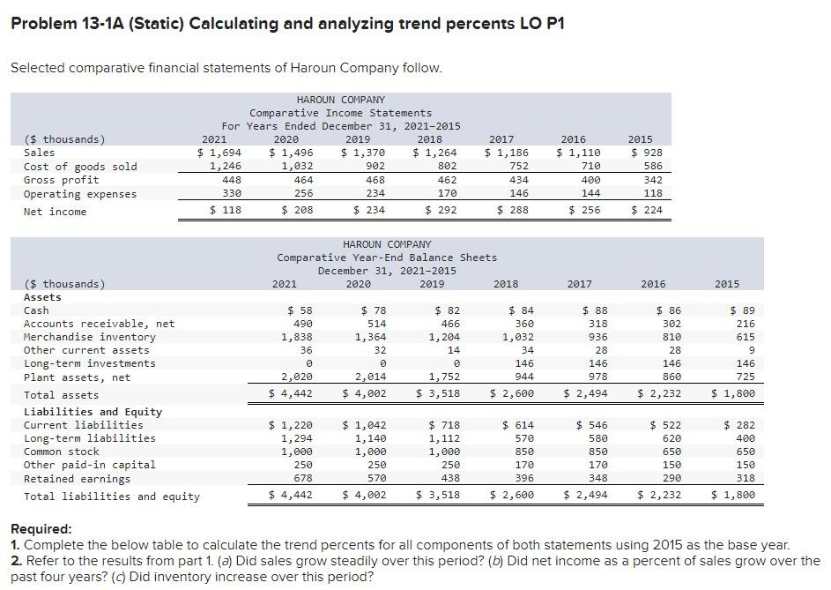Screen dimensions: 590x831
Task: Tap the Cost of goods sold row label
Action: [x=80, y=167]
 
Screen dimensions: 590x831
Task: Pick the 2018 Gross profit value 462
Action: [x=438, y=180]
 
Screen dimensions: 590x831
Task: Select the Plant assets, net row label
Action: [x=77, y=377]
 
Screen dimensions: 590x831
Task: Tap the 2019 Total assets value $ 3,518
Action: [x=438, y=395]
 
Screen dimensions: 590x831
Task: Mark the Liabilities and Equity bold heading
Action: [x=93, y=412]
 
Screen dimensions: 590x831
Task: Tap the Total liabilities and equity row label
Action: [x=112, y=497]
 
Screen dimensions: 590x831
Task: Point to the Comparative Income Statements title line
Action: [x=340, y=113]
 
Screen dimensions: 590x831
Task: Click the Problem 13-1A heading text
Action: [x=287, y=23]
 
